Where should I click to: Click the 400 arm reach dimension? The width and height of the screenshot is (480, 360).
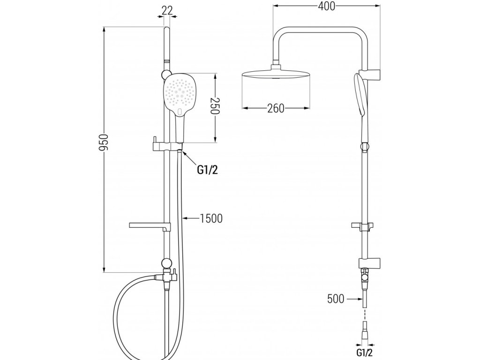tap(326, 6)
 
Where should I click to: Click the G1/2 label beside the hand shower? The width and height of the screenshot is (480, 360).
tap(207, 170)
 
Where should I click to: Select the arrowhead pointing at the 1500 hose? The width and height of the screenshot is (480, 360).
tap(186, 218)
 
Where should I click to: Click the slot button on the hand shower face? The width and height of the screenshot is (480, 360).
tap(181, 111)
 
